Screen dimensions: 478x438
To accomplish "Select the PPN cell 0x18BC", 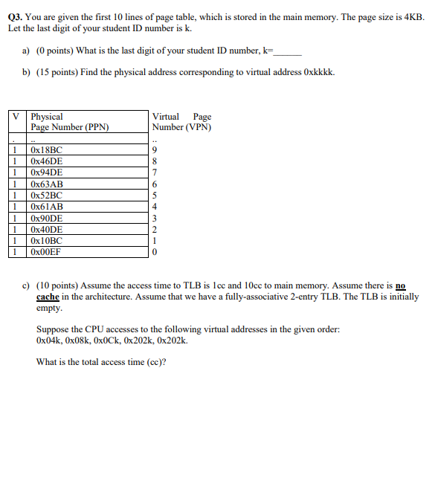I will [46, 150].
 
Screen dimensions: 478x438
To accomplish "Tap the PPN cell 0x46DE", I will [46, 161].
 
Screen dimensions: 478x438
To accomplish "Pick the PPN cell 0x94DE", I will [46, 172].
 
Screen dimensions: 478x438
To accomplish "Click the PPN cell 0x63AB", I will [46, 184].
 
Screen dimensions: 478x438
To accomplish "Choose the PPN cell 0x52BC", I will [46, 196].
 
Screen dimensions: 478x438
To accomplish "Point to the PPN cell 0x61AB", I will [46, 207].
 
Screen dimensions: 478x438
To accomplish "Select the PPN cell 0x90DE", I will [46, 219].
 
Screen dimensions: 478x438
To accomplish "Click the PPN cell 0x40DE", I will [46, 230].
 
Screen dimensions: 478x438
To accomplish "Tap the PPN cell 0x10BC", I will [46, 241].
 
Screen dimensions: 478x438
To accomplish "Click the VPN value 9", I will [154, 150].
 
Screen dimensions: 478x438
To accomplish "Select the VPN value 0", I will [154, 252].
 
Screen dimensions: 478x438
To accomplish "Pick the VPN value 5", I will [154, 196].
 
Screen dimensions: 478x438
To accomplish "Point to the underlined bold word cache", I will [48, 297].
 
